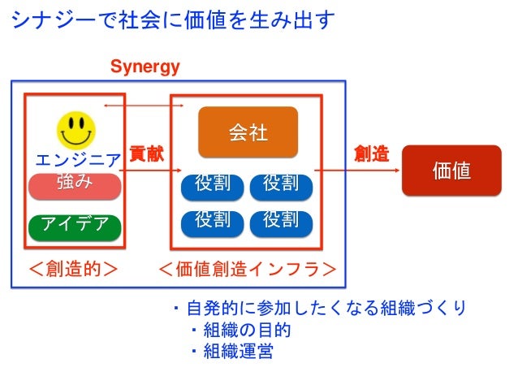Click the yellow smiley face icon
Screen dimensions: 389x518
coord(76,128)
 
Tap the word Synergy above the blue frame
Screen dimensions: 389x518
coord(145,67)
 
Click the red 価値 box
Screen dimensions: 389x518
coord(451,171)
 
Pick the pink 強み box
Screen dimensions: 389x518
coord(75,184)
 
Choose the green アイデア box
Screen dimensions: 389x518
coord(75,223)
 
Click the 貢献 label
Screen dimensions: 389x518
coord(147,153)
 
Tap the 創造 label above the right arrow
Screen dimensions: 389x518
coord(371,153)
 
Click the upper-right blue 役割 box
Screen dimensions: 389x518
coord(281,184)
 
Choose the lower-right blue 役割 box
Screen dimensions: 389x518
coord(281,220)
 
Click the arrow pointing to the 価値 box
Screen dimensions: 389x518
coord(358,171)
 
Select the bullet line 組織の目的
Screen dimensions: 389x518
coord(240,331)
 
